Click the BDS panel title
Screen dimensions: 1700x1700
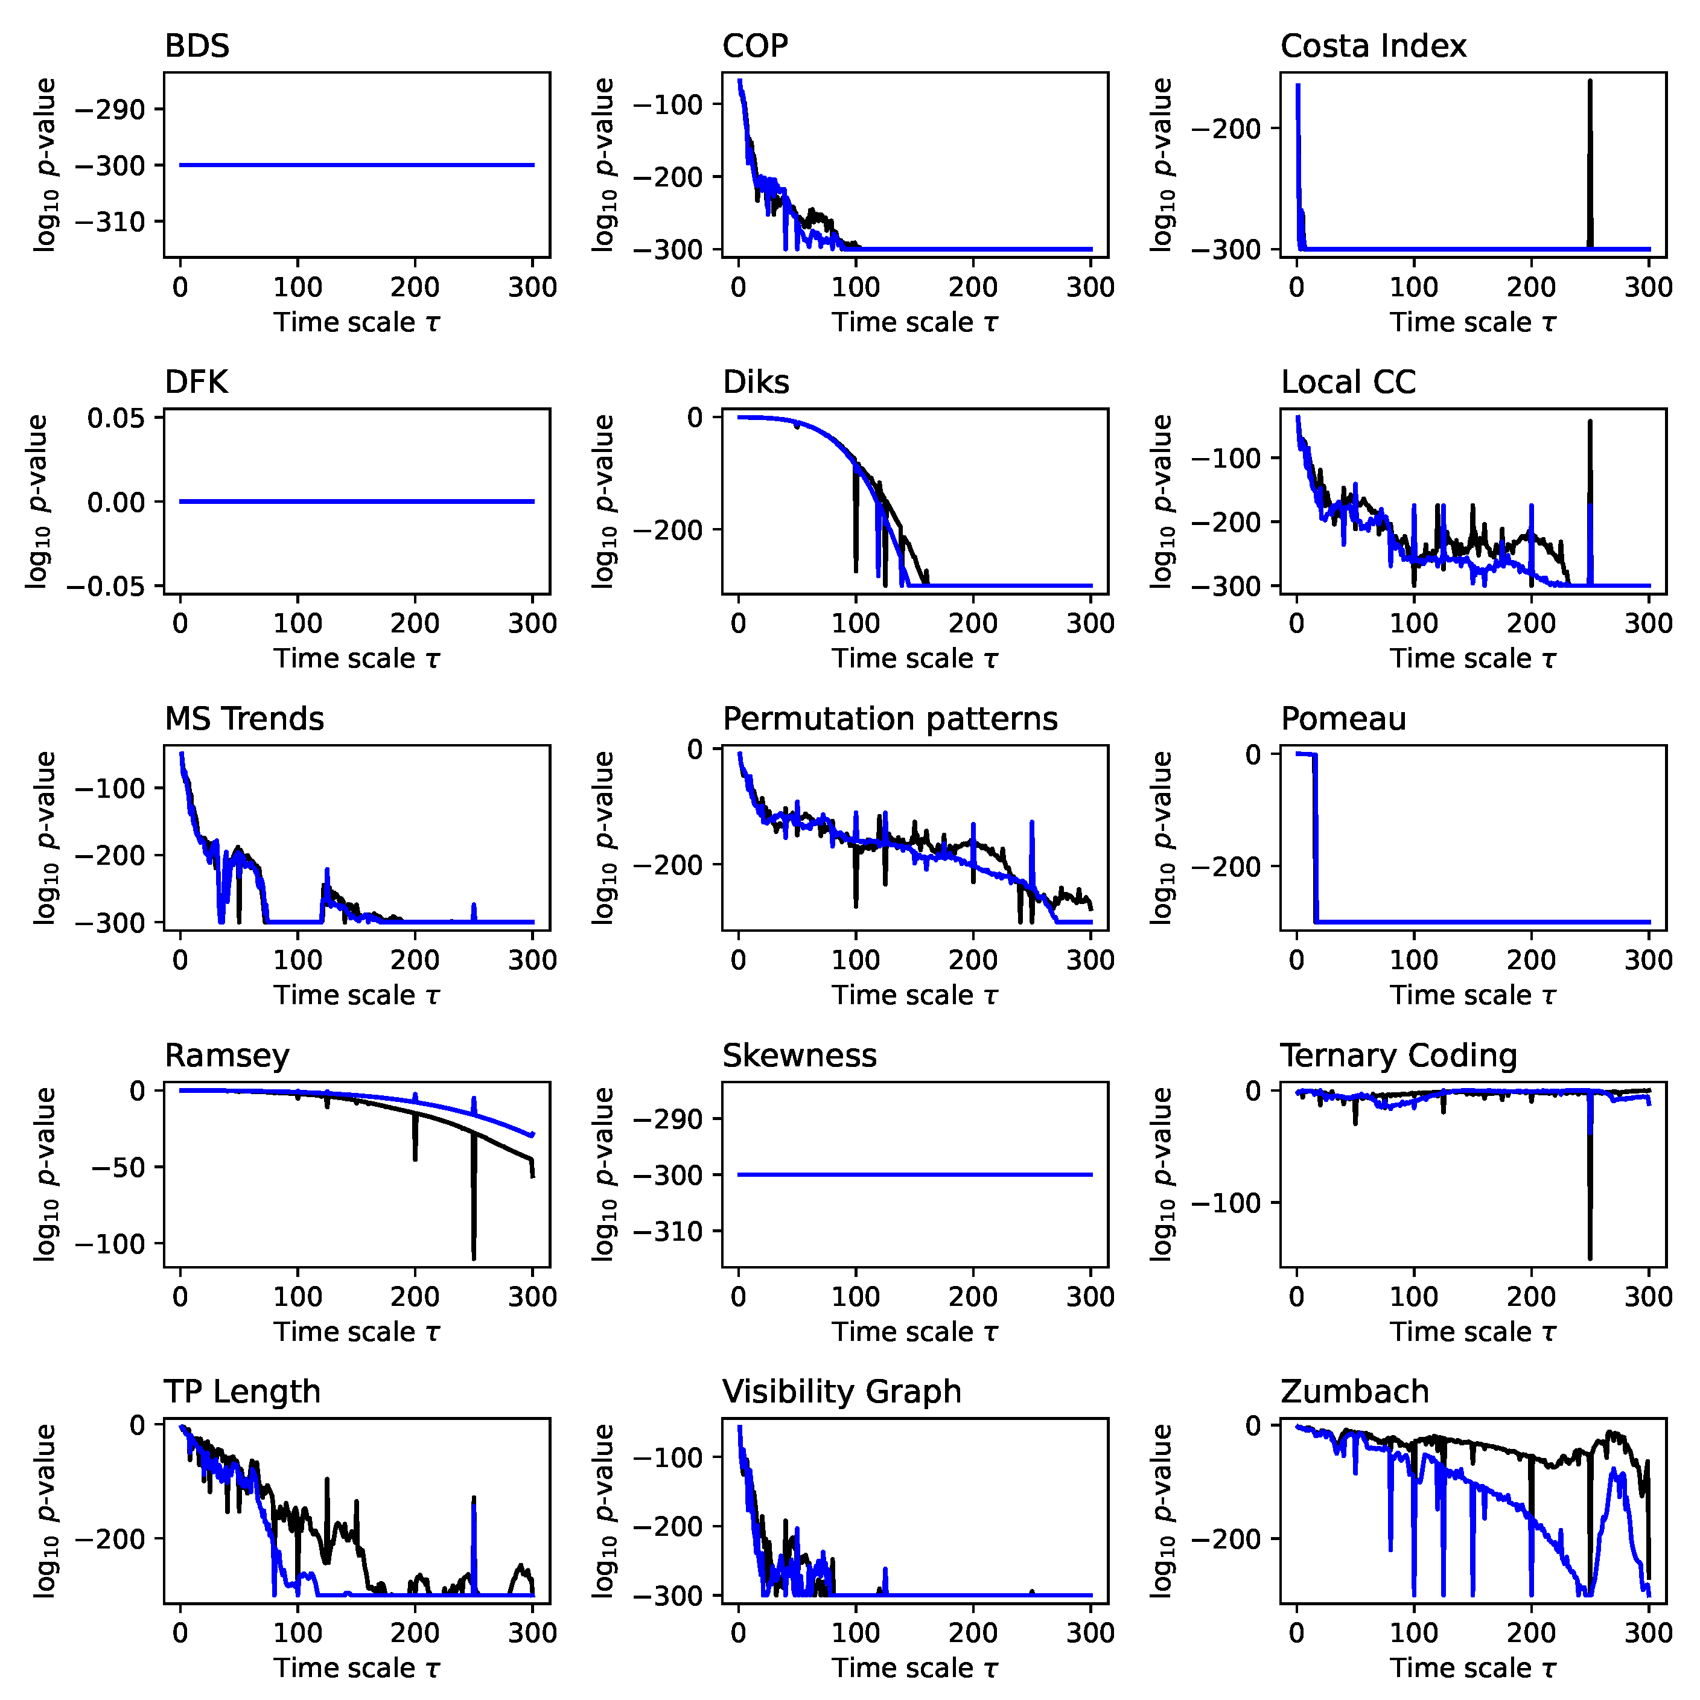tap(197, 46)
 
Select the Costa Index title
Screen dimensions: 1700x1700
tap(1373, 46)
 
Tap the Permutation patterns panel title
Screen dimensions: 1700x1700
tap(890, 719)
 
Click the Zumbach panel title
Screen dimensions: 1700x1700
tap(1354, 1392)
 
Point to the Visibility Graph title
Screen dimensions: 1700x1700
tap(841, 1392)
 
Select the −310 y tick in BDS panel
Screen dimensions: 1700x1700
tap(109, 221)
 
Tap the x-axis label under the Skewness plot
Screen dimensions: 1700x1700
tap(915, 1332)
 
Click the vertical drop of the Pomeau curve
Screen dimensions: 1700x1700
tap(1316, 836)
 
